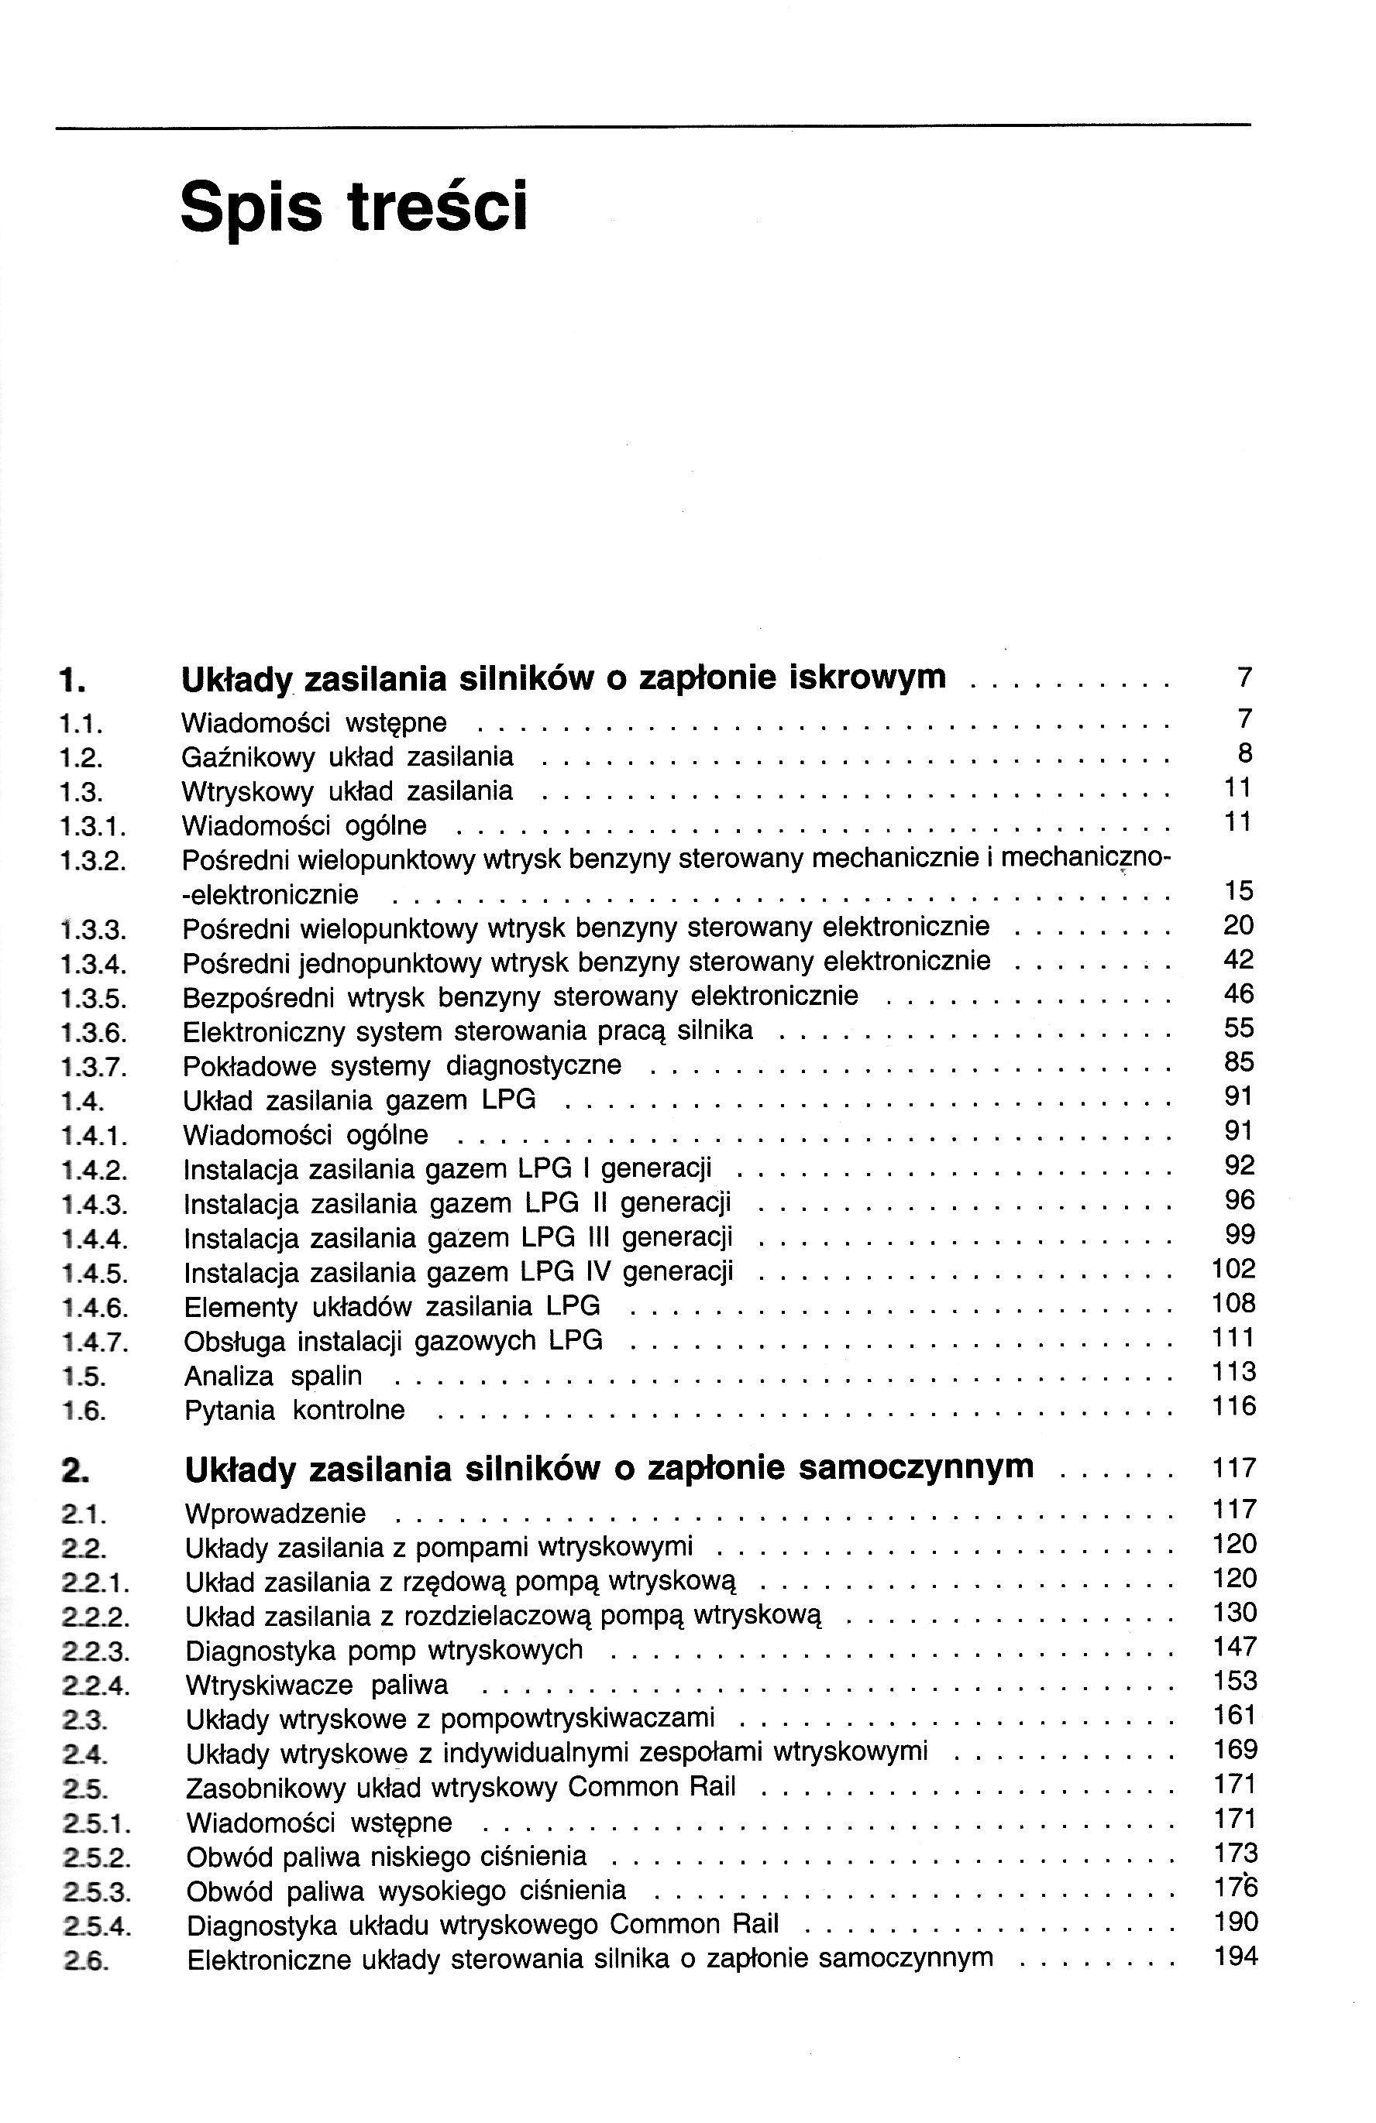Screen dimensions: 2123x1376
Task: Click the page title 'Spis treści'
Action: click(x=353, y=206)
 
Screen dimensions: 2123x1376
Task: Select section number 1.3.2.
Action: click(x=92, y=861)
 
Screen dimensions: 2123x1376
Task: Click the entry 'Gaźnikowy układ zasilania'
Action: click(x=347, y=756)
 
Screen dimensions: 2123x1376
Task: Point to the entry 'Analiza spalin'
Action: click(x=273, y=1376)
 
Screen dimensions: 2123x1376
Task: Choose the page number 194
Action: click(x=1236, y=1957)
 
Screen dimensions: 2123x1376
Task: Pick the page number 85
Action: click(x=1239, y=1061)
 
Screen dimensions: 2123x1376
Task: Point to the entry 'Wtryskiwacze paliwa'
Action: click(x=317, y=1685)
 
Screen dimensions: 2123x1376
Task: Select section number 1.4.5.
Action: click(x=94, y=1273)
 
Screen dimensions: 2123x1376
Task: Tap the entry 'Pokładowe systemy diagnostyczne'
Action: click(x=401, y=1066)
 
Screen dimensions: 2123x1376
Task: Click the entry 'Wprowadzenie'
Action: click(x=275, y=1514)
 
